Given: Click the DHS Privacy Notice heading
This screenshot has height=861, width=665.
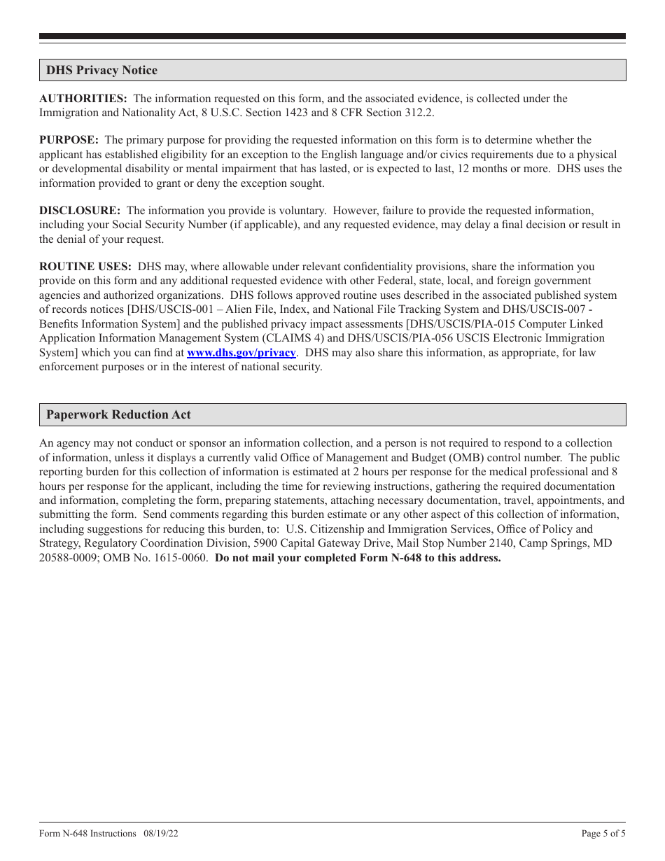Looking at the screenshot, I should click(x=102, y=70).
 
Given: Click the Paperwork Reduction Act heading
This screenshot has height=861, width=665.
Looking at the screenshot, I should click(x=118, y=414).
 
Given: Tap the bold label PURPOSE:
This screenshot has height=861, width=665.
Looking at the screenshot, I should click(x=69, y=140).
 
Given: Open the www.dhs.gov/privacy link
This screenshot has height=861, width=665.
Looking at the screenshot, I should click(x=241, y=353).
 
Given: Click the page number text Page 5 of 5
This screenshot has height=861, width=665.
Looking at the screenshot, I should click(x=603, y=834).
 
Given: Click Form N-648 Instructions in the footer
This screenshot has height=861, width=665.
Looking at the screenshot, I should click(x=87, y=834).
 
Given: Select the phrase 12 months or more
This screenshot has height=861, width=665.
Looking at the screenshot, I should click(x=501, y=169).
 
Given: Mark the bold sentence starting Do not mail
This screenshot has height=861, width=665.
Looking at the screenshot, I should click(x=358, y=558).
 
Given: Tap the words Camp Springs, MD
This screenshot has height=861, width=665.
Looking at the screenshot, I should click(x=566, y=543).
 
